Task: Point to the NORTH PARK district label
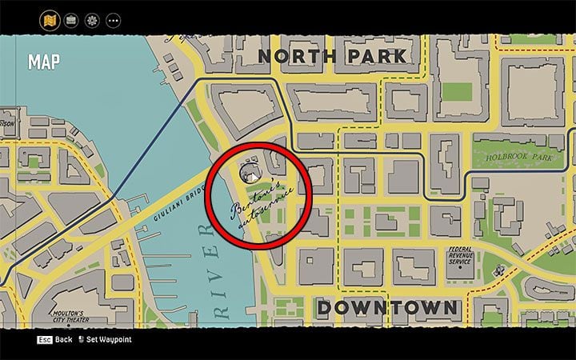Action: click(x=332, y=56)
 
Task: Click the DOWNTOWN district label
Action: click(x=387, y=308)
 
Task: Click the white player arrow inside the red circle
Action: click(x=250, y=177)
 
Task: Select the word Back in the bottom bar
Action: click(x=63, y=340)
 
